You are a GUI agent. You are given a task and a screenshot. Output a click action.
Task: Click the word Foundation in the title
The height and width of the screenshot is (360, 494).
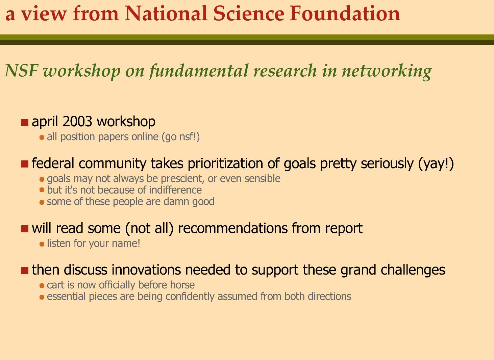(x=345, y=14)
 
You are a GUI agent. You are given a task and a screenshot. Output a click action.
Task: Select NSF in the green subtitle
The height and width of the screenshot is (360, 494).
(x=21, y=71)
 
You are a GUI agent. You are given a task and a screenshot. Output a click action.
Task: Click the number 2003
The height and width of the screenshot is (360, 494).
(x=77, y=121)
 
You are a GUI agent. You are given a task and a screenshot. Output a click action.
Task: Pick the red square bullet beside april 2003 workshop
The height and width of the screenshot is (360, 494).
(x=25, y=123)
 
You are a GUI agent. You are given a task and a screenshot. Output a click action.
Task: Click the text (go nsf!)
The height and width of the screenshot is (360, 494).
(x=181, y=137)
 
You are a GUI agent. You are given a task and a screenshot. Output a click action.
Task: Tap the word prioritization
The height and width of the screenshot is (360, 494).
(x=225, y=164)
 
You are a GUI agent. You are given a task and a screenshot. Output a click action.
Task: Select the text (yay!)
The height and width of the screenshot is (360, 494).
(x=436, y=164)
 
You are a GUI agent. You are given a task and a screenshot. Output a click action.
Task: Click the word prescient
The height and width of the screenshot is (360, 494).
(x=182, y=179)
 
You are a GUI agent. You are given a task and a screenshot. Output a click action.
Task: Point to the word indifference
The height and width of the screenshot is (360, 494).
(x=175, y=190)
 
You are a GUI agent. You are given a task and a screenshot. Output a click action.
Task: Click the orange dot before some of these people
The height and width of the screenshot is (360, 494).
(x=42, y=202)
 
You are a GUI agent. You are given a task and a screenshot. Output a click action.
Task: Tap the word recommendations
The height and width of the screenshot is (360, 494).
(x=233, y=228)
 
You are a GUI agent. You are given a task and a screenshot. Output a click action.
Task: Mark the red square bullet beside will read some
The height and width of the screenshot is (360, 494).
(x=25, y=229)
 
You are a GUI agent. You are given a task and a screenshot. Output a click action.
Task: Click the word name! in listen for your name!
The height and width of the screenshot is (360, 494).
(x=126, y=243)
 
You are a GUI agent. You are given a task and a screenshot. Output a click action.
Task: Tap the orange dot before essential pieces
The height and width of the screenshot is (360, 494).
(x=42, y=297)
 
